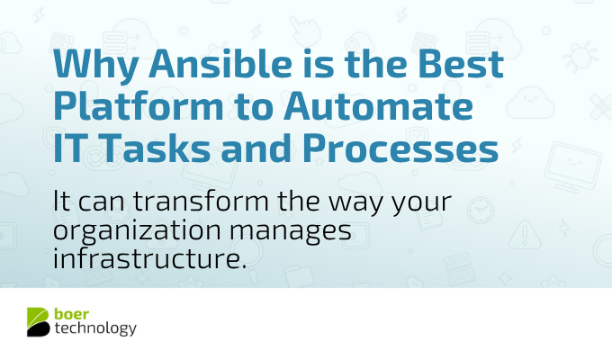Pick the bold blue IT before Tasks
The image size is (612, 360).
[x=72, y=147]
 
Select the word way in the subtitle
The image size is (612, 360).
[x=363, y=200]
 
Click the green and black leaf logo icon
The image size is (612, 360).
[x=38, y=321]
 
